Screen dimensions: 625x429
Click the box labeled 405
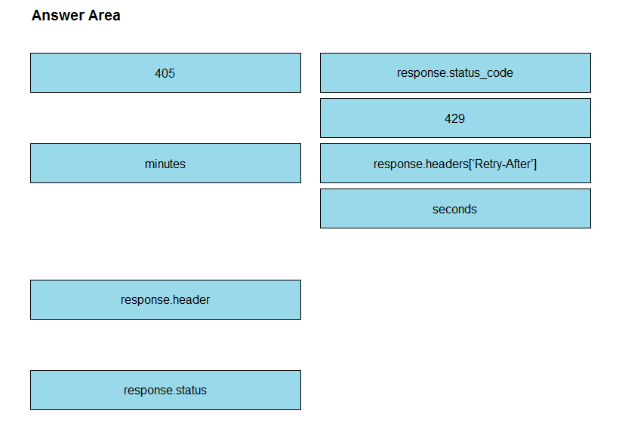pos(165,73)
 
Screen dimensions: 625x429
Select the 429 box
pos(455,118)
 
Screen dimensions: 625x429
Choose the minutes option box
pos(165,163)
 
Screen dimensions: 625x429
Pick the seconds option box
pos(455,209)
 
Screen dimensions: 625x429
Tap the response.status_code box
pos(455,73)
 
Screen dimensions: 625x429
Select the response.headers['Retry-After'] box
pos(455,163)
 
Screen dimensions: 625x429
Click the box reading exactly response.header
pos(165,299)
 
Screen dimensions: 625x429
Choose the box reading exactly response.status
pos(165,390)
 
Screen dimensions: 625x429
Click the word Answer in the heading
pos(58,16)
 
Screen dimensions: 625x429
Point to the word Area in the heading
pos(104,16)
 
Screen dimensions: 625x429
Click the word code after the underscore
pos(500,73)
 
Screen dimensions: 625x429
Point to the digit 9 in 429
pos(461,118)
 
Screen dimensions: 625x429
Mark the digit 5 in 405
pos(171,73)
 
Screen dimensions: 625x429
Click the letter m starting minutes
pos(149,164)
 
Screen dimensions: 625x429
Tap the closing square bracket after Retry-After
pos(535,164)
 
